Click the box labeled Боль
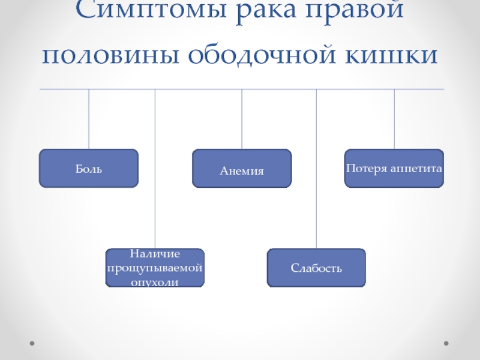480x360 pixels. click(89, 168)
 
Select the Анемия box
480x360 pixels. click(242, 168)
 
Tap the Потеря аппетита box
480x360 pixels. click(394, 168)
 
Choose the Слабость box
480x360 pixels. click(316, 268)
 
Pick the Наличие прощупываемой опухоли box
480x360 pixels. click(155, 268)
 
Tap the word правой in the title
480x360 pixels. click(355, 11)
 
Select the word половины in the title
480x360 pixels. click(110, 55)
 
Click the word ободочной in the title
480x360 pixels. click(262, 55)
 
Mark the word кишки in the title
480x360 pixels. click(391, 55)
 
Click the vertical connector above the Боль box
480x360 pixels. click(89, 119)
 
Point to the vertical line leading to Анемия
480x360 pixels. click(242, 119)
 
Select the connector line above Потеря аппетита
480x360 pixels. click(394, 119)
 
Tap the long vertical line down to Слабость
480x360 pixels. click(316, 169)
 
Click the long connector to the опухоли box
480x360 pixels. click(155, 169)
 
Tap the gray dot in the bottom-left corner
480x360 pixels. click(32, 343)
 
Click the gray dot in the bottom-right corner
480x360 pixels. click(446, 343)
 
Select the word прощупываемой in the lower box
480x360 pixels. click(155, 268)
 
